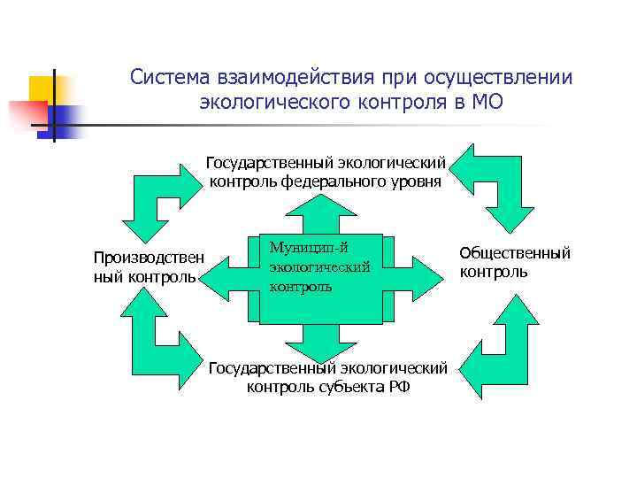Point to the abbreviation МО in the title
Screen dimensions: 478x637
pos(487,102)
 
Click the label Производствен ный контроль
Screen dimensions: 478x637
pos(148,266)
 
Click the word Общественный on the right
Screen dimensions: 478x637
pos(515,253)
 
